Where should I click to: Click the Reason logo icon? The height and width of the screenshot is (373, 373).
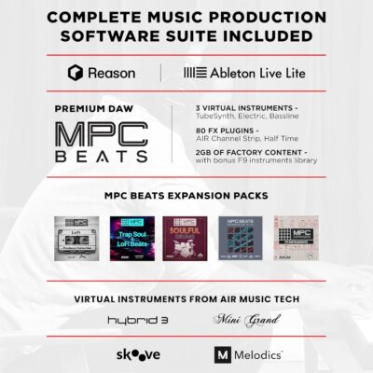pyautogui.click(x=77, y=72)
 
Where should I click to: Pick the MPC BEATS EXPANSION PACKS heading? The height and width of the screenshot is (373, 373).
pyautogui.click(x=186, y=196)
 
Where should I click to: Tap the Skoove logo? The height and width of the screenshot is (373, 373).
pyautogui.click(x=137, y=355)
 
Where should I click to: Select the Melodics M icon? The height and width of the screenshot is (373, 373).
pyautogui.click(x=222, y=355)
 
